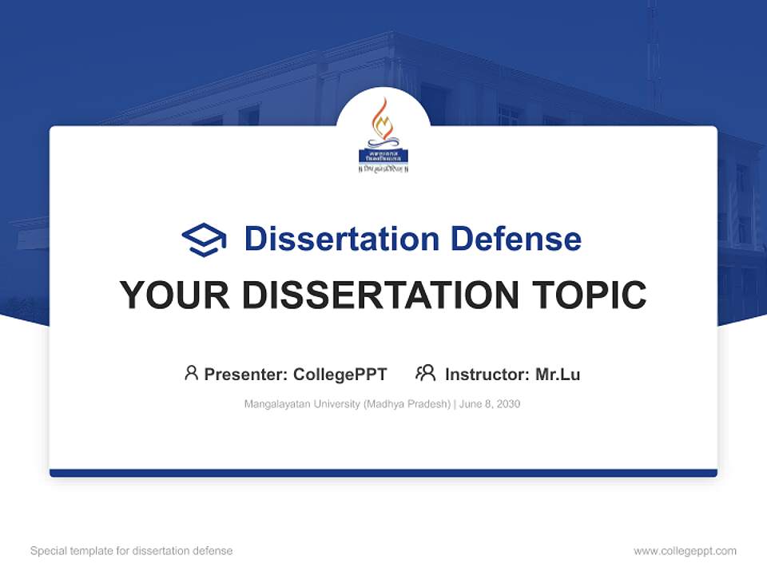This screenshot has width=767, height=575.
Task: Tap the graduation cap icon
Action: (204, 240)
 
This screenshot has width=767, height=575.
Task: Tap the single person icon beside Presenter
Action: (191, 373)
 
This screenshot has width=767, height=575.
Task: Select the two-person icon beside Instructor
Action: (425, 373)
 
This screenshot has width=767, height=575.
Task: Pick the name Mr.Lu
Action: (558, 375)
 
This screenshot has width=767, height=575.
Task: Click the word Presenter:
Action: (246, 375)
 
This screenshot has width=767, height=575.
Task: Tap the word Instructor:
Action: (487, 375)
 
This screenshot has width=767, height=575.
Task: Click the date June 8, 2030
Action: (490, 404)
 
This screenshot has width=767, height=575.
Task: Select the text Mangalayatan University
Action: (302, 404)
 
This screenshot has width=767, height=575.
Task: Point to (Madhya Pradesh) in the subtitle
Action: (407, 404)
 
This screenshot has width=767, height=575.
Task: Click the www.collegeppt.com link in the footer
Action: (685, 551)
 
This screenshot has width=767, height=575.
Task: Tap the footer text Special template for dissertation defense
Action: (131, 551)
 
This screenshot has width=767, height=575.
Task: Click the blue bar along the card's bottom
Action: (383, 473)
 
